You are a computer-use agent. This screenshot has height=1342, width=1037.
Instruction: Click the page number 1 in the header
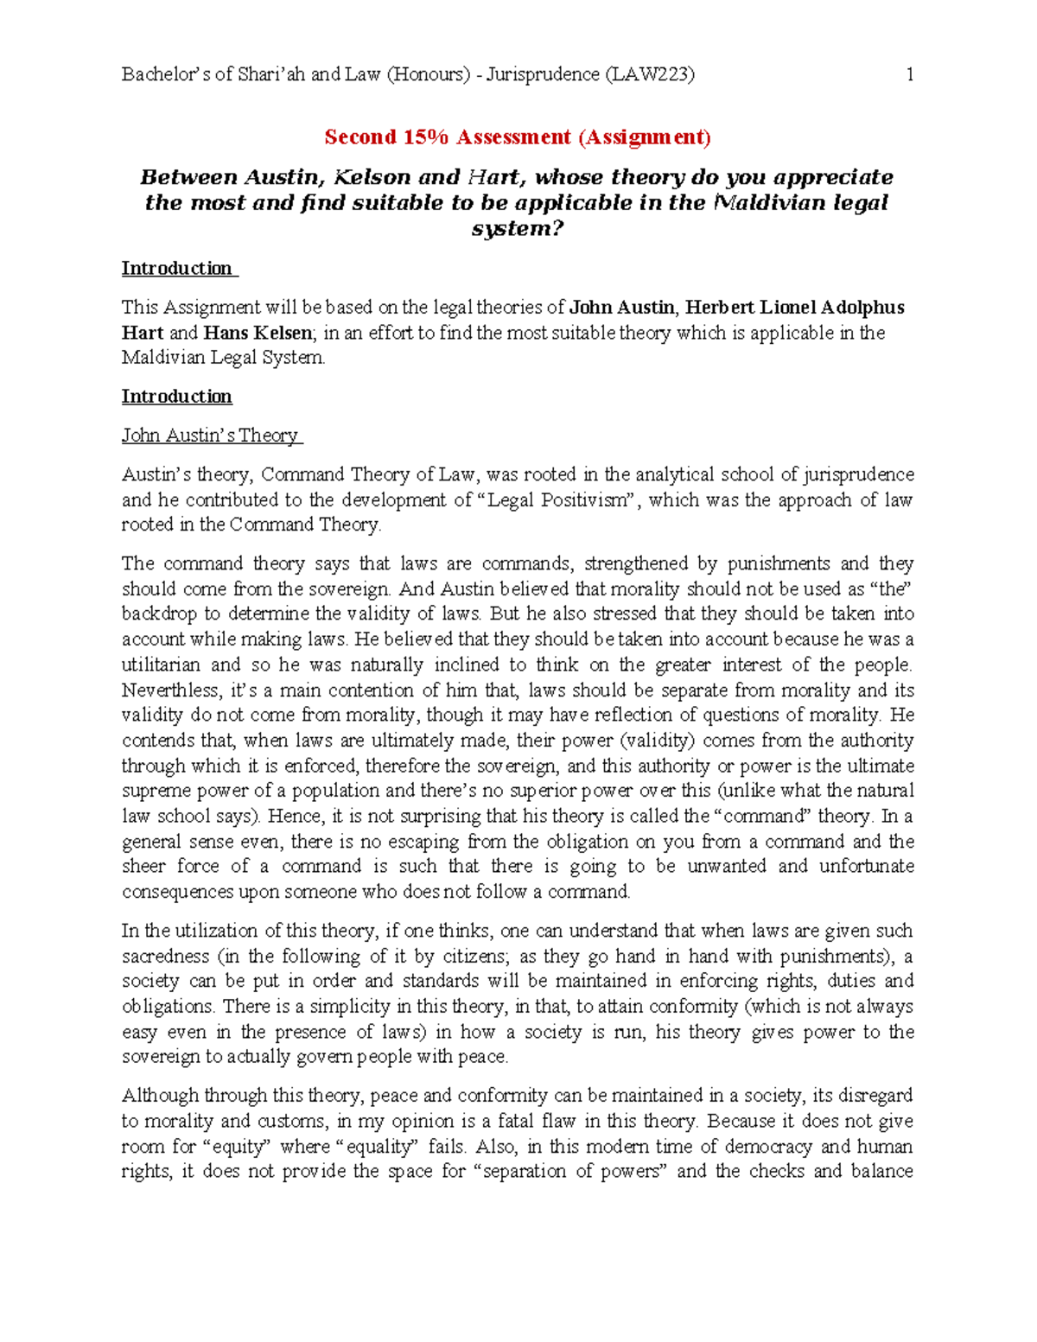(910, 74)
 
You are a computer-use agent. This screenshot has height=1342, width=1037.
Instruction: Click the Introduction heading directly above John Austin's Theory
(177, 397)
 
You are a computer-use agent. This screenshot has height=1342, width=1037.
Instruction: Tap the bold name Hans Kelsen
(257, 333)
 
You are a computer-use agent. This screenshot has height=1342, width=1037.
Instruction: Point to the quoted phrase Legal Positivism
(557, 499)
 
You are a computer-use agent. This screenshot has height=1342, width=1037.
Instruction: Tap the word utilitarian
(161, 665)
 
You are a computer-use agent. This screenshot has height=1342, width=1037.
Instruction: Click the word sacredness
(166, 956)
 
